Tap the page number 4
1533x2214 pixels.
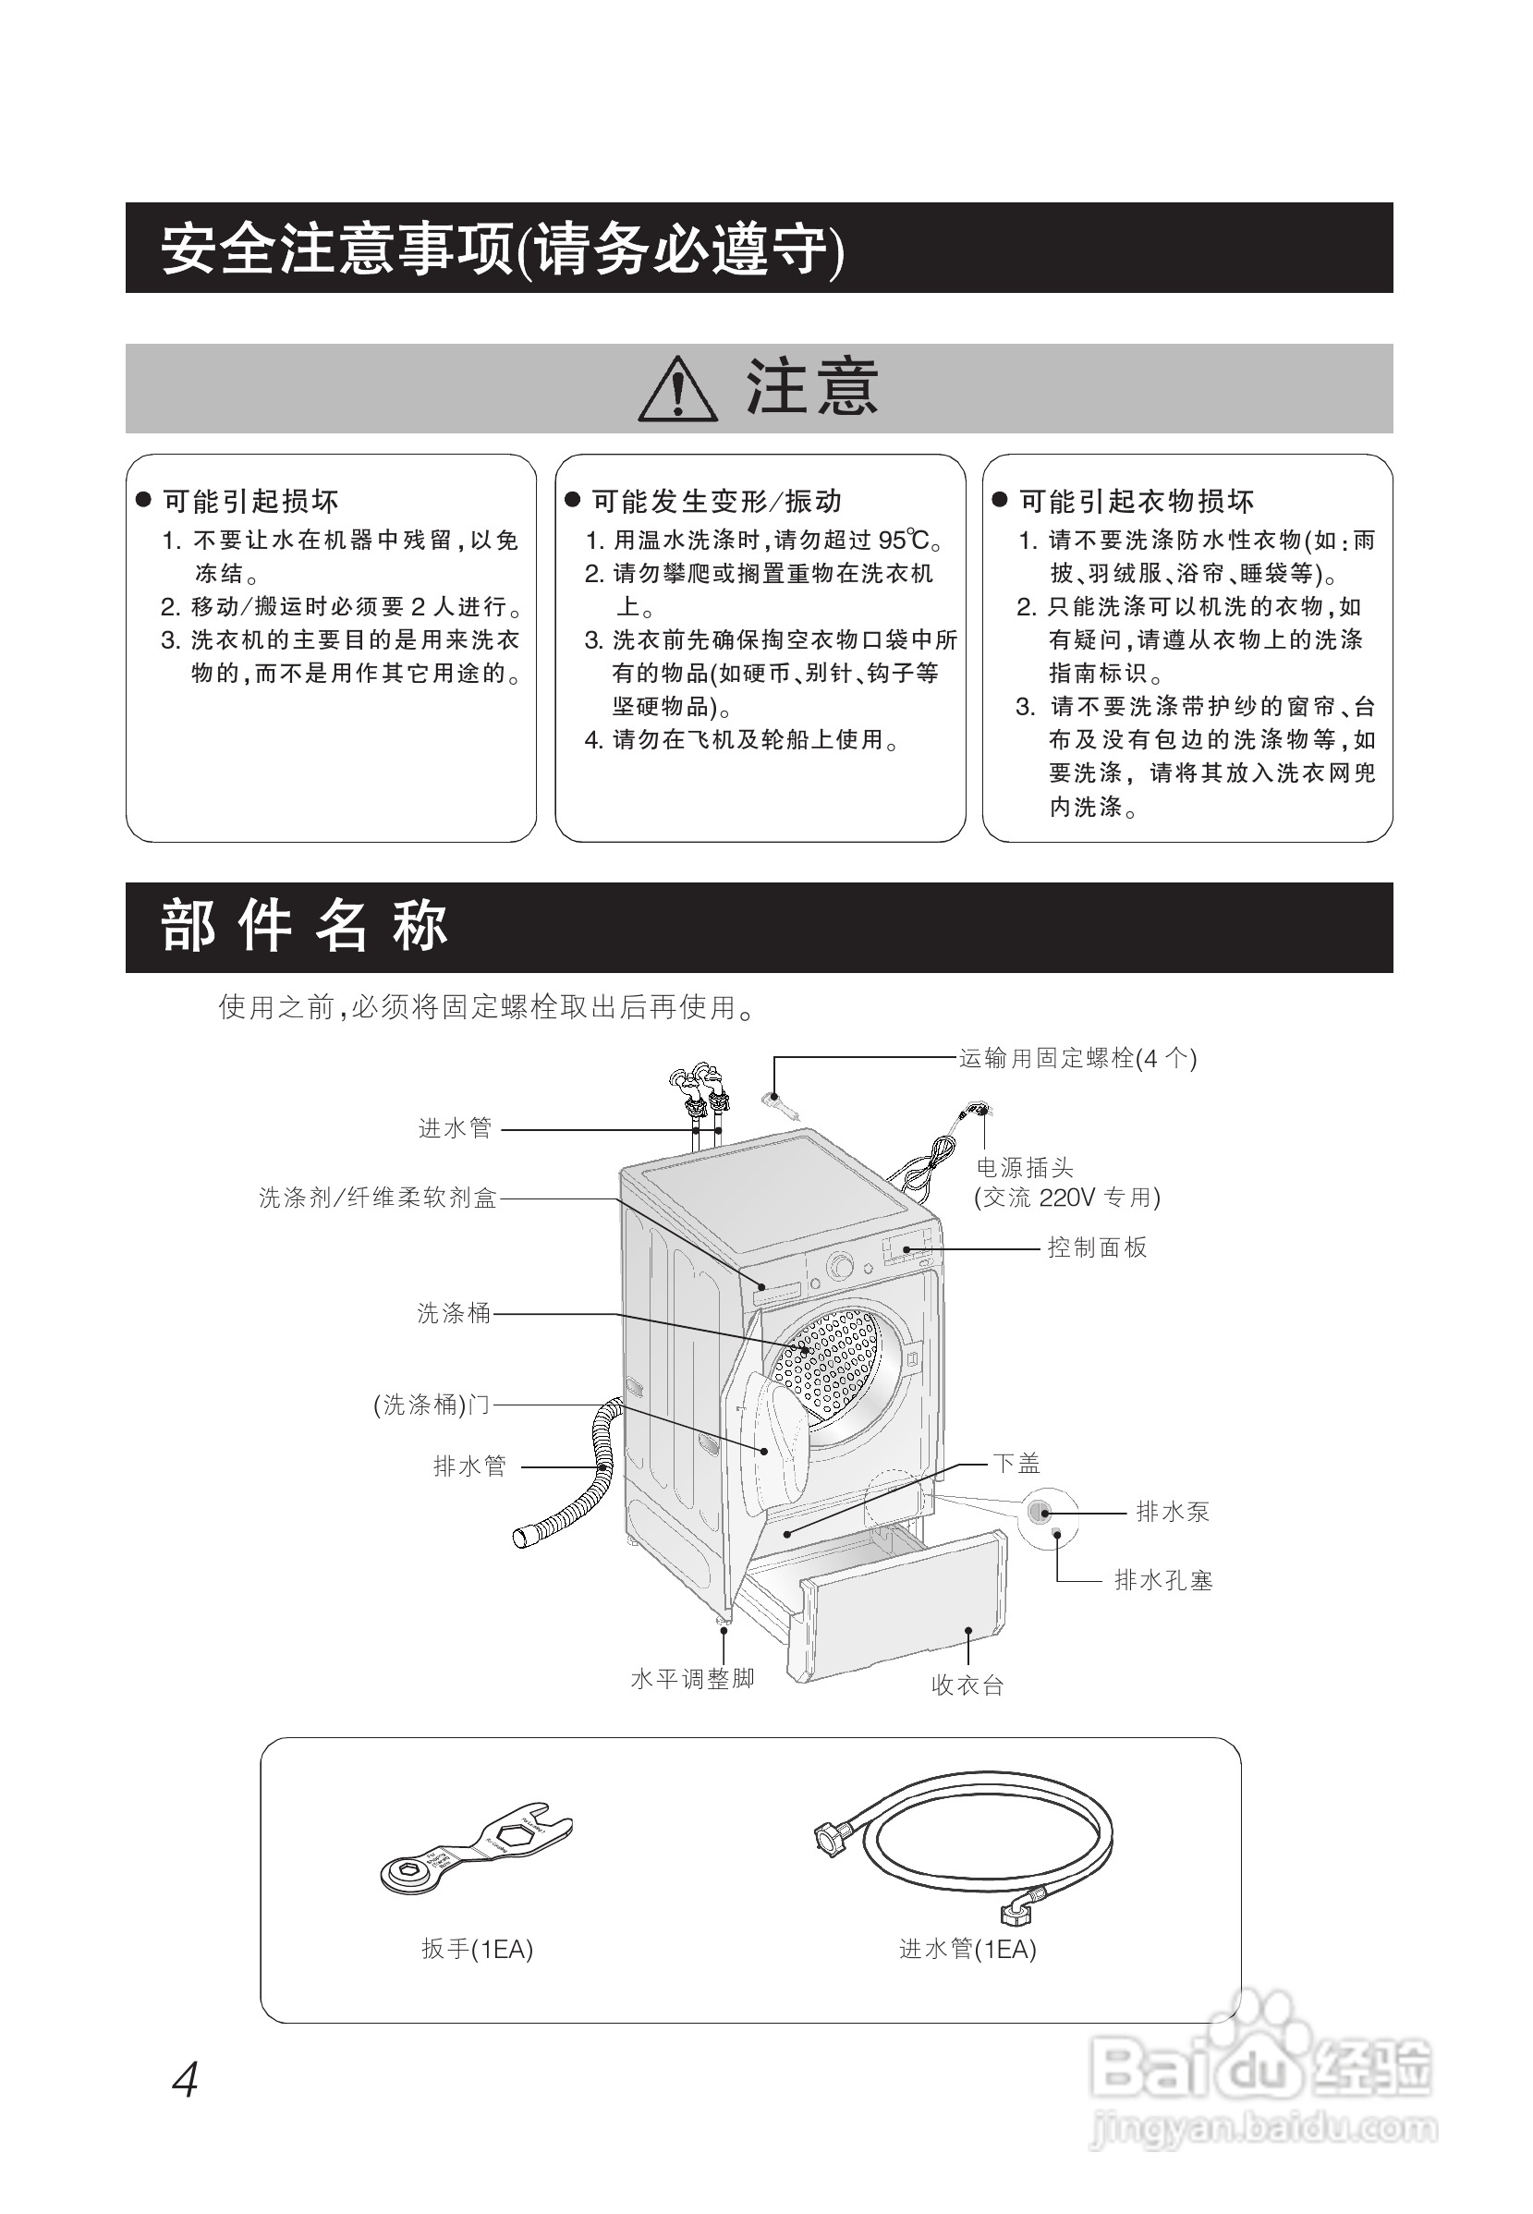[x=185, y=2081]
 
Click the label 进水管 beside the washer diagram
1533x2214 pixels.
[x=455, y=1128]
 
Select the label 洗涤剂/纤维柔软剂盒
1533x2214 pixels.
[x=378, y=1198]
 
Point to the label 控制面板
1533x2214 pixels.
[x=1097, y=1247]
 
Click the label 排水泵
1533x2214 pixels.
[x=1172, y=1512]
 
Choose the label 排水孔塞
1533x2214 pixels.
[x=1163, y=1580]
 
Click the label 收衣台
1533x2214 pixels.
[x=967, y=1685]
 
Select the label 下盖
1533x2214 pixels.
[x=1017, y=1463]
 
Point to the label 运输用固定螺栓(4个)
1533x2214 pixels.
[x=1077, y=1059]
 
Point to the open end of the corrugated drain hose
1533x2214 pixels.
[x=526, y=1535]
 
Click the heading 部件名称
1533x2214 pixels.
[x=305, y=927]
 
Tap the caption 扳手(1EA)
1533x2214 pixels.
[x=477, y=1948]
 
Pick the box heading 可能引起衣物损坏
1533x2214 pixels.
[x=1137, y=501]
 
